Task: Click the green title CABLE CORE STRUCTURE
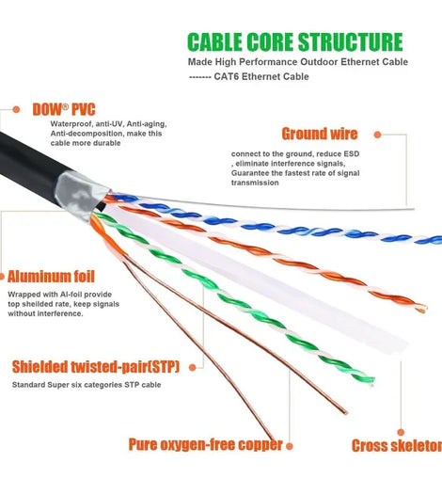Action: tap(295, 42)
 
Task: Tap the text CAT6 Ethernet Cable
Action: tap(261, 76)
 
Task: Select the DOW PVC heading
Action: tap(64, 109)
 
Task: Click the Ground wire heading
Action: tap(320, 134)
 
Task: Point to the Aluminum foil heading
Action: tap(51, 277)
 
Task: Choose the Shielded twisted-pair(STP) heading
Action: tap(96, 367)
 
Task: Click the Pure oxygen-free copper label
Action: tap(206, 444)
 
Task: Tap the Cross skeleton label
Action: tap(397, 445)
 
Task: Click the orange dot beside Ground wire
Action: tap(378, 135)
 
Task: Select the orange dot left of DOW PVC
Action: tap(16, 109)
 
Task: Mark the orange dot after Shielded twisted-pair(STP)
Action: tap(193, 368)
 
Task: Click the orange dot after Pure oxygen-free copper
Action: tap(290, 446)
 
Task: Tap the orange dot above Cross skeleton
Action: tap(401, 432)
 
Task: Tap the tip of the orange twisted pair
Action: tap(423, 309)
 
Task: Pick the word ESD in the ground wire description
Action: tap(352, 154)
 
